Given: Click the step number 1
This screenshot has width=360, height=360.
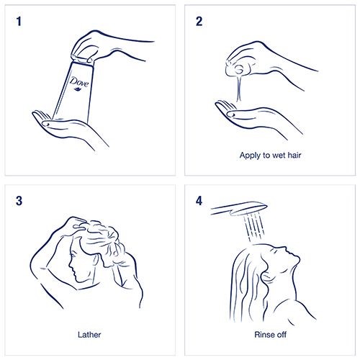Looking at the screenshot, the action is (x=19, y=21).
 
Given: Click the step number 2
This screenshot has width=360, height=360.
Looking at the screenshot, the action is (x=199, y=21).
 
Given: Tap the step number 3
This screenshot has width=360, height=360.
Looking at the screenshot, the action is (x=19, y=201).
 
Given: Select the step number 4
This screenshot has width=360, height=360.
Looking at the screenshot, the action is (x=199, y=201).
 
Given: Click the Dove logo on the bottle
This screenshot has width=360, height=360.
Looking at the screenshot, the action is (x=79, y=81).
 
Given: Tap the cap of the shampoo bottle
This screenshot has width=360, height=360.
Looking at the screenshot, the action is (x=82, y=60).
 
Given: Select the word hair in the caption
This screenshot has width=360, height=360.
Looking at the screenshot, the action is (x=294, y=156).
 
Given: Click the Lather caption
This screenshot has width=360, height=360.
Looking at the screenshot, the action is (x=89, y=335).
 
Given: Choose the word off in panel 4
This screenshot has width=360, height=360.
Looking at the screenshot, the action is (x=281, y=335).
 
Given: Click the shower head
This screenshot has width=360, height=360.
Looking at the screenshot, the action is (x=239, y=208).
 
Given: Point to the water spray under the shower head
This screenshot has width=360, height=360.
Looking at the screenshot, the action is (x=255, y=227).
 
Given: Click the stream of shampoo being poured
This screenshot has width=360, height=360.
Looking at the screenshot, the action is (x=239, y=89).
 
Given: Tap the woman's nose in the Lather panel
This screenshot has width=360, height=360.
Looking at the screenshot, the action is (x=71, y=265).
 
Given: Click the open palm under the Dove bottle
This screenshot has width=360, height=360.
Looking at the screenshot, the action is (x=70, y=128).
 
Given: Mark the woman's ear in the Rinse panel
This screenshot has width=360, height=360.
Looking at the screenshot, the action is (x=266, y=276).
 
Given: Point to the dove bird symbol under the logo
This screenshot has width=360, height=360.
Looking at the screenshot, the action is (x=77, y=89).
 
